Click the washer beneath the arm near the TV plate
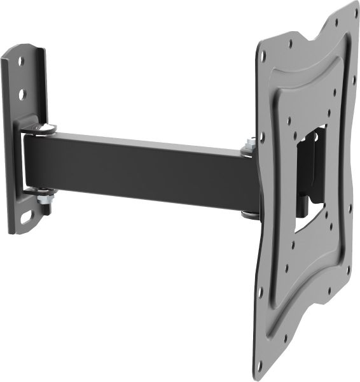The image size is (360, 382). (x=249, y=214)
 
